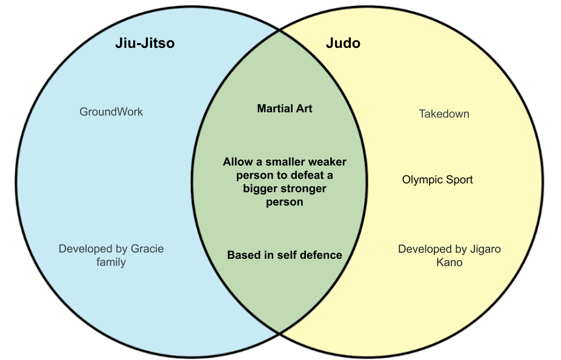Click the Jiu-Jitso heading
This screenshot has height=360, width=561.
(x=145, y=44)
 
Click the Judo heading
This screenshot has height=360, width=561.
(x=343, y=44)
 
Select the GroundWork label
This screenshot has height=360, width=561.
(x=111, y=112)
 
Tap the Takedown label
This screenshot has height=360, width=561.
(x=444, y=114)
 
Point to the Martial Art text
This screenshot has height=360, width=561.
(x=285, y=109)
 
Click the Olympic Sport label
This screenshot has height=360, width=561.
(x=437, y=179)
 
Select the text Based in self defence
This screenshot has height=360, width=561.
(x=285, y=255)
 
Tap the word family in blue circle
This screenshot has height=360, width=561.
(x=111, y=262)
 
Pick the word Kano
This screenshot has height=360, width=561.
(x=449, y=262)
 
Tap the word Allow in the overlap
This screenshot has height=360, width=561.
(x=236, y=162)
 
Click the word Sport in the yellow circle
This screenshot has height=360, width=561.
(x=457, y=179)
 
